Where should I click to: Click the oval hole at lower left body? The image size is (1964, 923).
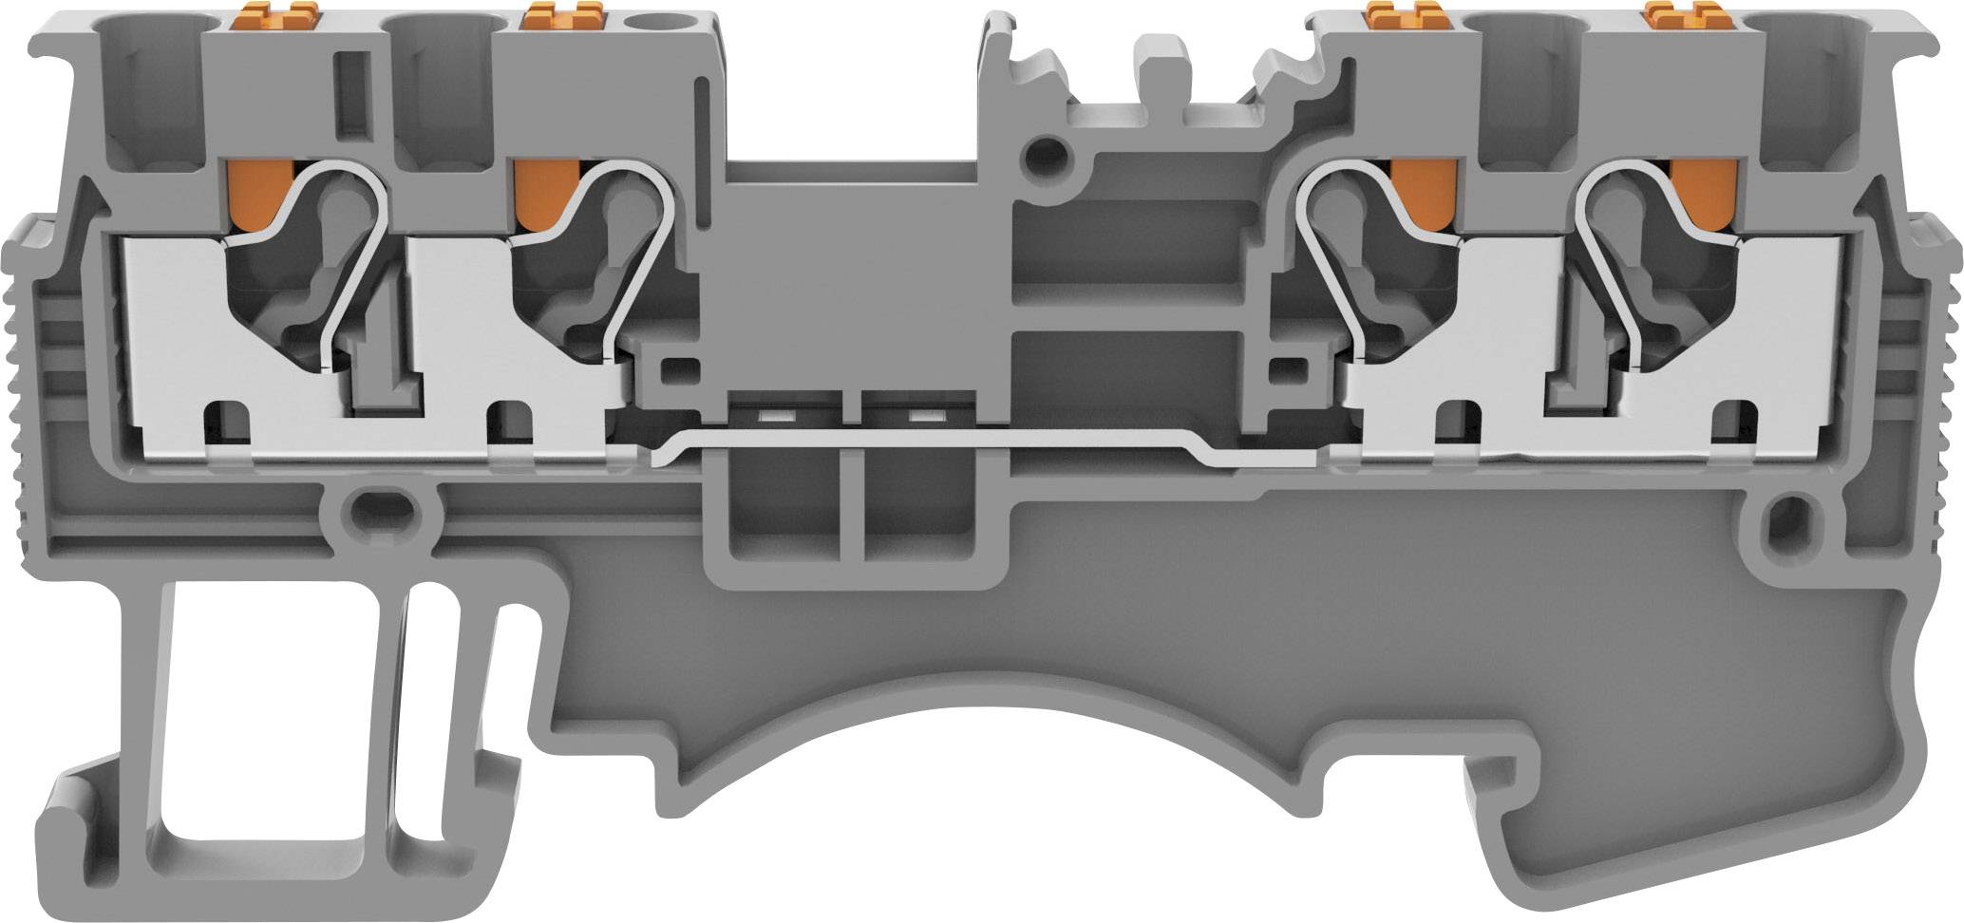click(380, 510)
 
